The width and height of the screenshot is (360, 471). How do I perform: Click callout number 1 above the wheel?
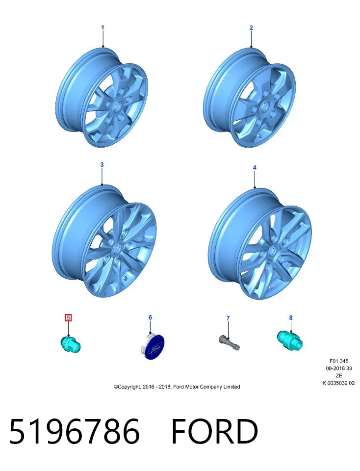click(103, 27)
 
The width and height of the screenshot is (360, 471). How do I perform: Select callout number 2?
click(251, 27)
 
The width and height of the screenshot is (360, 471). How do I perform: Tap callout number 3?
click(102, 165)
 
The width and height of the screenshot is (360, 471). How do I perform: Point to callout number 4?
click(255, 167)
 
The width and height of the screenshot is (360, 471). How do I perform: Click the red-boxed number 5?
click(69, 317)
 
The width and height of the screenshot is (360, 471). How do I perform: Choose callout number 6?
click(151, 317)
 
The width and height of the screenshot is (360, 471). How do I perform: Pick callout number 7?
click(228, 318)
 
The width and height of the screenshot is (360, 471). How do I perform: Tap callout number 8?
click(291, 317)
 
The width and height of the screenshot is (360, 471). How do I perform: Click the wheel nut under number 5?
click(71, 344)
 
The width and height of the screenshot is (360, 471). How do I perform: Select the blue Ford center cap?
click(153, 347)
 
